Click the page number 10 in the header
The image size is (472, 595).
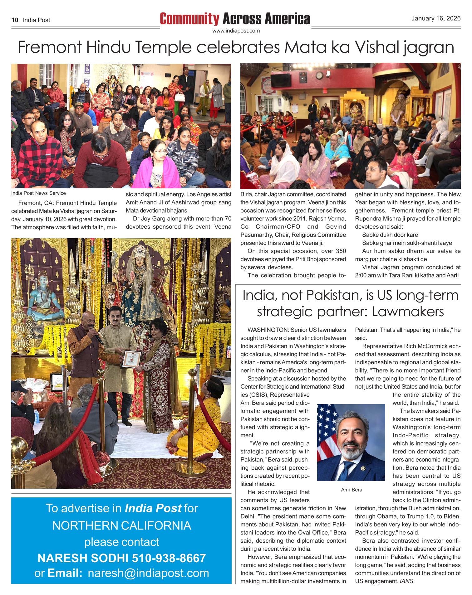point(15,20)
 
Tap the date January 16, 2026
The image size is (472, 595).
point(435,18)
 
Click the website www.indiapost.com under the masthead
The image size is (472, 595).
point(236,31)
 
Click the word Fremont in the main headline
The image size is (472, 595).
point(50,47)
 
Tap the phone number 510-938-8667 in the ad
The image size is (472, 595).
point(169,558)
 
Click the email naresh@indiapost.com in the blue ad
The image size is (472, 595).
point(148,573)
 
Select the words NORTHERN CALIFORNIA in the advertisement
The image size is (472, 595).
point(121,525)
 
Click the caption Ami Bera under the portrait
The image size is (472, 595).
point(352,490)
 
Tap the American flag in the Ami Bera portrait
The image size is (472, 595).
point(328,427)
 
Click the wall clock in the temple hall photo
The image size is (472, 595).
point(319,75)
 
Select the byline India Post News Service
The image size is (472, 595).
point(38,193)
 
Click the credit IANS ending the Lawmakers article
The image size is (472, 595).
point(406,581)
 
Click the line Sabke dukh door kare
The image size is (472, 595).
point(390,235)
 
